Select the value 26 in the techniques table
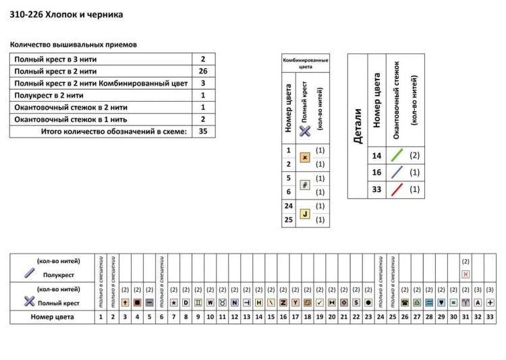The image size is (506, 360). [202, 71]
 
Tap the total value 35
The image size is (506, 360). [202, 131]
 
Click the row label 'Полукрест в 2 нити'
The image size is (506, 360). [53, 95]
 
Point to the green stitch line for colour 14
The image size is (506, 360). [397, 156]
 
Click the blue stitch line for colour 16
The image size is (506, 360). [397, 173]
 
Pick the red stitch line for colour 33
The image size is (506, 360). [397, 189]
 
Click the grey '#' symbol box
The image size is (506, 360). [304, 185]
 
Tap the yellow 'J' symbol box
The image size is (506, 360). [304, 214]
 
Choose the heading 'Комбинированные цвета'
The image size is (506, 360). [306, 63]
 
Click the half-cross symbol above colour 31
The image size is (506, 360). [466, 274]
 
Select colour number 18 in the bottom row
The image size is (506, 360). [307, 316]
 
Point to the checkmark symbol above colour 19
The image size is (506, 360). [320, 302]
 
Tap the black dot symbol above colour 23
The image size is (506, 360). [368, 302]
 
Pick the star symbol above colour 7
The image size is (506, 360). [174, 302]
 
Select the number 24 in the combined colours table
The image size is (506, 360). [288, 206]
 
